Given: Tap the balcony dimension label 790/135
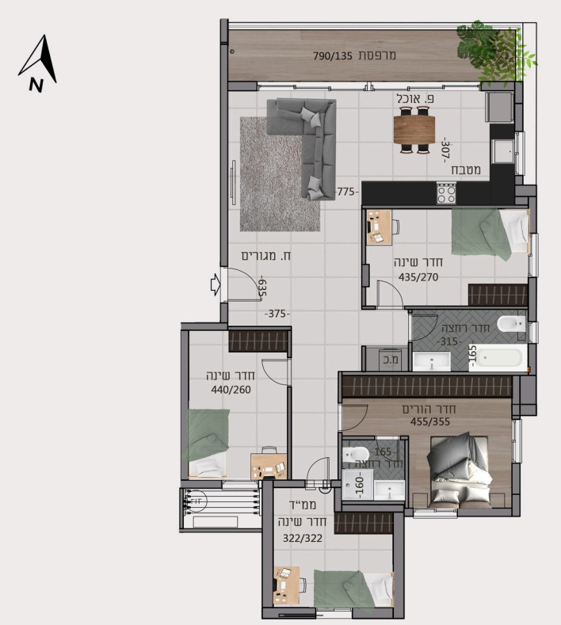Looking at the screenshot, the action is tap(333, 55).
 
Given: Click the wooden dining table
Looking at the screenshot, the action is tap(414, 130).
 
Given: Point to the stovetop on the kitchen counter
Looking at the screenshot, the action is tap(446, 193).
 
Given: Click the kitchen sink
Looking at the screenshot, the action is tap(502, 151).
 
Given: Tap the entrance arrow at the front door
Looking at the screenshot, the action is tap(216, 284).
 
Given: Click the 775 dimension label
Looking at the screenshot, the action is tap(345, 192).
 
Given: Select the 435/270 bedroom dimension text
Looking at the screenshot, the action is tap(418, 277).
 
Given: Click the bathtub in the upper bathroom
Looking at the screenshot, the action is tap(498, 357).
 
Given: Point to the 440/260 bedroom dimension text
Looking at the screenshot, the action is tap(231, 390).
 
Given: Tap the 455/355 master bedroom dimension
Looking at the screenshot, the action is tap(430, 421).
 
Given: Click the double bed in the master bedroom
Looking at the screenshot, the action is tap(459, 471).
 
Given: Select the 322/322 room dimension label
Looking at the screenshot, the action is tap(303, 538).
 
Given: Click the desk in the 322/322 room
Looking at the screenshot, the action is tap(286, 585).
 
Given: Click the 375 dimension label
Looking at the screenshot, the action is tap(277, 314).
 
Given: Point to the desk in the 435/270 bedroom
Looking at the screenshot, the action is tap(379, 227).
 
